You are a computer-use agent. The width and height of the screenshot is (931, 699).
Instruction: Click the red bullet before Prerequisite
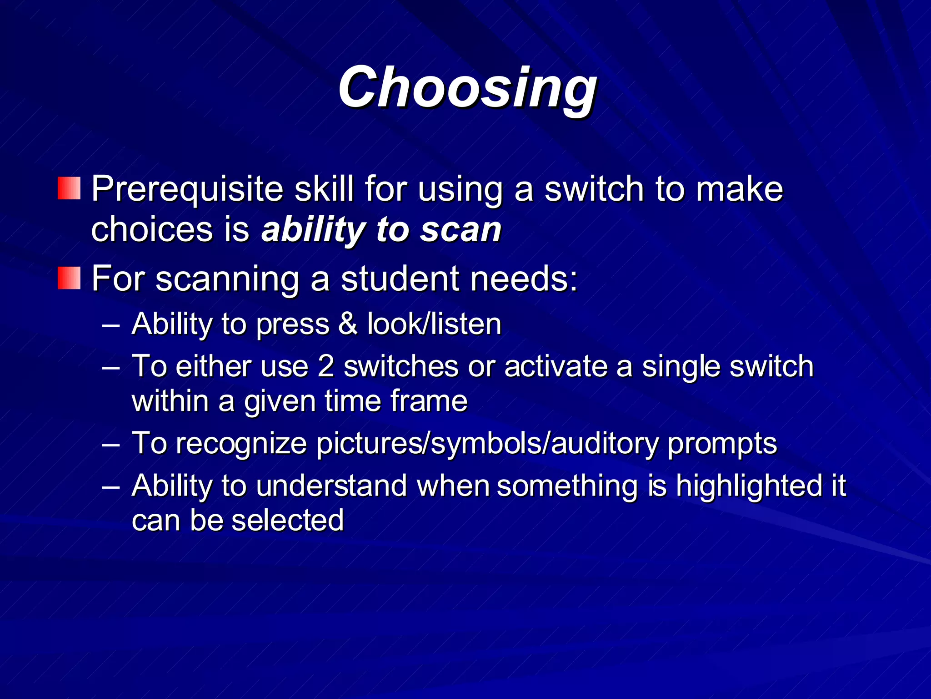click(x=69, y=188)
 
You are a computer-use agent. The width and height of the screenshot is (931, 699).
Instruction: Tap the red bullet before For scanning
click(x=69, y=278)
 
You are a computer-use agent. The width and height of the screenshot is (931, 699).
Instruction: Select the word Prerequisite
click(x=187, y=189)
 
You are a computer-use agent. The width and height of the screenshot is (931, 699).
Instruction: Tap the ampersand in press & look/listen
click(x=348, y=324)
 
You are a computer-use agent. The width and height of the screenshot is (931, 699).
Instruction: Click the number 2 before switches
click(x=326, y=366)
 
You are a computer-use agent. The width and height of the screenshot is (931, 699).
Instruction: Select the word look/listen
click(x=434, y=324)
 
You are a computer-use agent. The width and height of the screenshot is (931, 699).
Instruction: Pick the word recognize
click(x=241, y=443)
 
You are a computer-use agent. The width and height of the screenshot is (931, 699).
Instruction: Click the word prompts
click(x=722, y=443)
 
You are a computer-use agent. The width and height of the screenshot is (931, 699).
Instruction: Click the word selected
click(x=287, y=520)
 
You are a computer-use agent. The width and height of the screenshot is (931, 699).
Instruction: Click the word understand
click(x=331, y=486)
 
